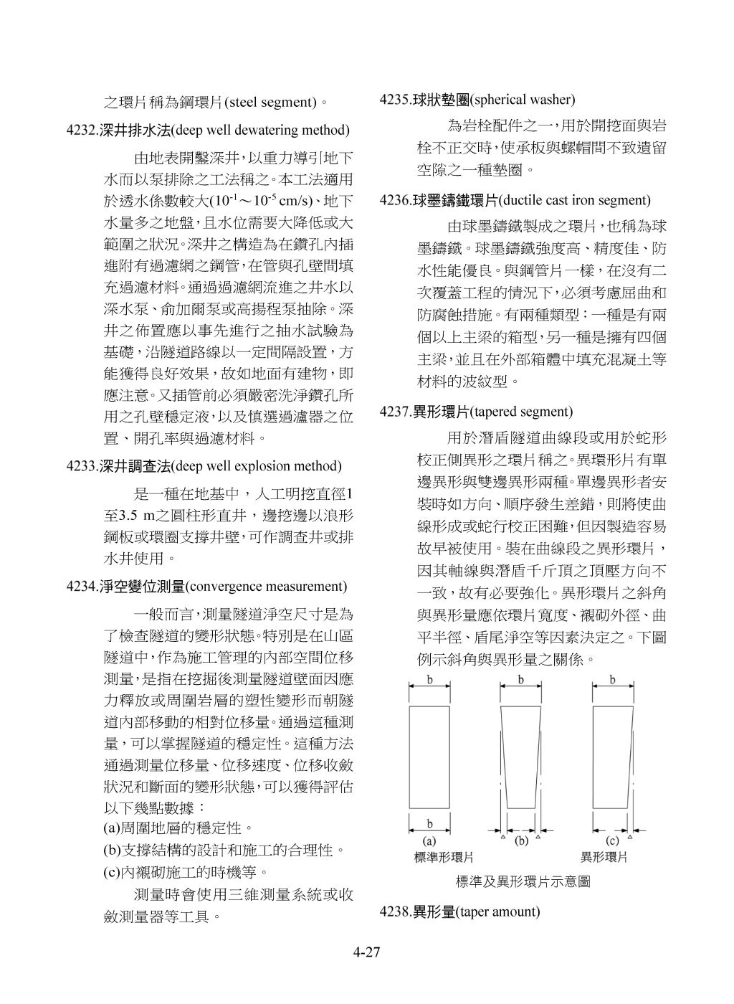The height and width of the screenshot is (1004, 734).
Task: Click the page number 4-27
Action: [366, 953]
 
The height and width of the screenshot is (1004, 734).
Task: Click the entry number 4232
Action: [82, 131]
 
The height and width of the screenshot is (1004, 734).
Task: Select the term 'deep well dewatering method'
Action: [261, 131]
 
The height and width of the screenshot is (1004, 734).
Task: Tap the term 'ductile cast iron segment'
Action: [574, 200]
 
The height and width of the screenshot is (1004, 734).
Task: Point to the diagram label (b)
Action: [521, 841]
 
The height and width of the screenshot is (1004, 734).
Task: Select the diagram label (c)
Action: [613, 841]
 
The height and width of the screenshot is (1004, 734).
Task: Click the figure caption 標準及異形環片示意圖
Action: [523, 881]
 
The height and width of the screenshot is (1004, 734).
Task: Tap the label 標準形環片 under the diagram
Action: [444, 857]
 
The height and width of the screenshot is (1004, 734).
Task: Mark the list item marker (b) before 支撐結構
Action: [113, 851]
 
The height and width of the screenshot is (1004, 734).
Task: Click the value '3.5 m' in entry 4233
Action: [136, 516]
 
